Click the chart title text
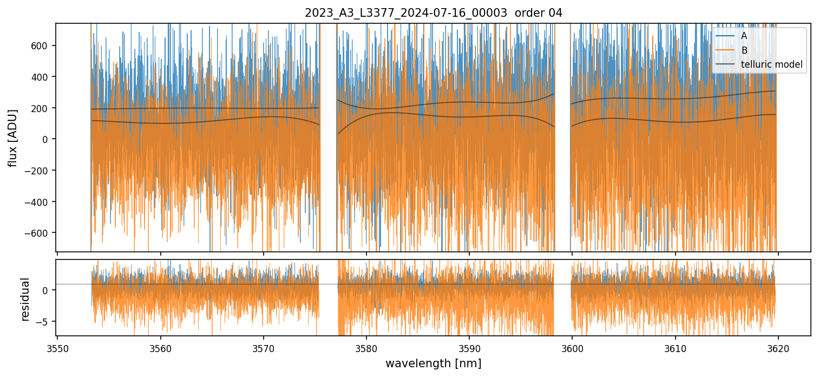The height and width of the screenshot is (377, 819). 433,13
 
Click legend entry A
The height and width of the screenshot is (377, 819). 744,36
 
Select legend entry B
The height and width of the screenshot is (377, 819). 744,50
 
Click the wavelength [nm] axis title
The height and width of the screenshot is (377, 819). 433,363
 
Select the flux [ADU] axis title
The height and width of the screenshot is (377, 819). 12,138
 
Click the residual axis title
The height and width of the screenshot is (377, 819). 25,299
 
